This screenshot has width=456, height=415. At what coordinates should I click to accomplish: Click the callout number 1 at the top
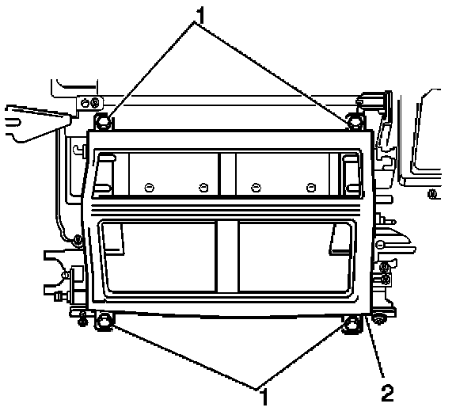click(200, 16)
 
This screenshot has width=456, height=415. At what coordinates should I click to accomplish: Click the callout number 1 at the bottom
click(264, 396)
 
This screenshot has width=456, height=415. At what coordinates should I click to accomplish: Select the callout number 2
click(388, 393)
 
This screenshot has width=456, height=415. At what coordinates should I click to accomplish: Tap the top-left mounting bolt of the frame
click(102, 121)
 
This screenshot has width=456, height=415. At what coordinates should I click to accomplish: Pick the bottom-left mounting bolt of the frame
click(103, 322)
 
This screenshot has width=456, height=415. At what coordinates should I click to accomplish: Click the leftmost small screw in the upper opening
click(149, 188)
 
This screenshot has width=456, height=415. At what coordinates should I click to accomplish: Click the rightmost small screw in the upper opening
click(311, 188)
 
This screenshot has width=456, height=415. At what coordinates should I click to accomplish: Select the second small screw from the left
click(203, 188)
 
